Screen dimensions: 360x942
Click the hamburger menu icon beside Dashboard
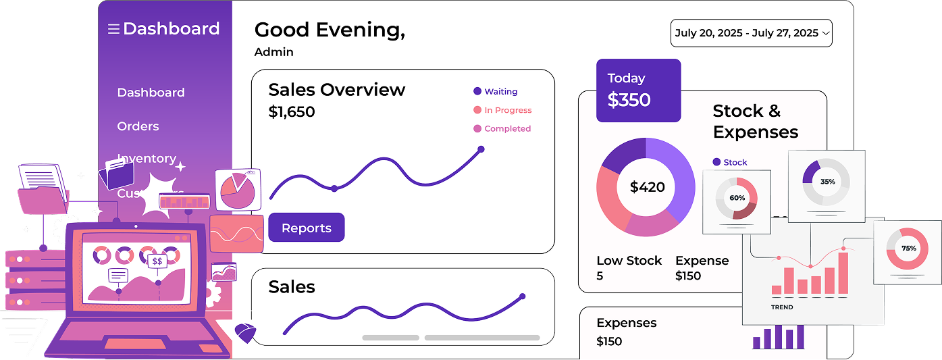(x=113, y=29)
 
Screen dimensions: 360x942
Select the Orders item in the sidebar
(x=138, y=126)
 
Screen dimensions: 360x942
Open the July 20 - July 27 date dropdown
(x=751, y=33)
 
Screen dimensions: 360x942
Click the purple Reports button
(x=307, y=228)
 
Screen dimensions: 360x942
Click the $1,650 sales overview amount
(x=292, y=112)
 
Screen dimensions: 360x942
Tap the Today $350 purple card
(x=638, y=91)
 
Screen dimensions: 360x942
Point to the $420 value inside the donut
(x=647, y=187)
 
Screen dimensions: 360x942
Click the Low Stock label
(x=629, y=261)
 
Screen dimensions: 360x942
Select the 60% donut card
(x=737, y=201)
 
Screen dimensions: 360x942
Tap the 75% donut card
(x=908, y=251)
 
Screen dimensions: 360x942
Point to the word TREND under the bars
(x=782, y=307)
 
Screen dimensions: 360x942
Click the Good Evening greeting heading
(x=330, y=30)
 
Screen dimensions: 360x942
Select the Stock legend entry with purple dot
(x=730, y=162)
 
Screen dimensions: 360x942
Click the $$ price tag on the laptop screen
(x=157, y=261)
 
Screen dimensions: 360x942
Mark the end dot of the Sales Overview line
(x=481, y=149)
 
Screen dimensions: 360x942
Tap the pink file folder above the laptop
(x=43, y=199)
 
